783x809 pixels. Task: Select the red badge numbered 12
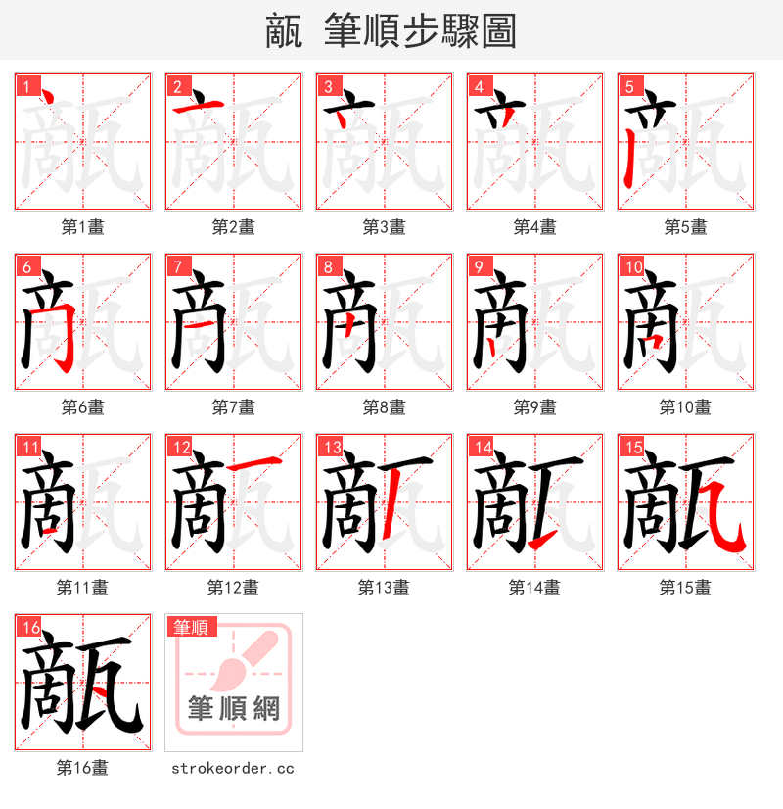(180, 447)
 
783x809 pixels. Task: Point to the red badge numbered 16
(29, 627)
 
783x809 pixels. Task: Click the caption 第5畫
(685, 227)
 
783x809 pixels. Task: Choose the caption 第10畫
(685, 407)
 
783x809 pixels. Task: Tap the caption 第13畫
(384, 588)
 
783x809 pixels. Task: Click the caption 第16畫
(82, 768)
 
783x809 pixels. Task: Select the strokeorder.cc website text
(233, 769)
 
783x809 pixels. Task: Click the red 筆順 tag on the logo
(192, 627)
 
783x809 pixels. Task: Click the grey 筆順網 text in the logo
(234, 708)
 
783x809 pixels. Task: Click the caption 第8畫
(384, 407)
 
